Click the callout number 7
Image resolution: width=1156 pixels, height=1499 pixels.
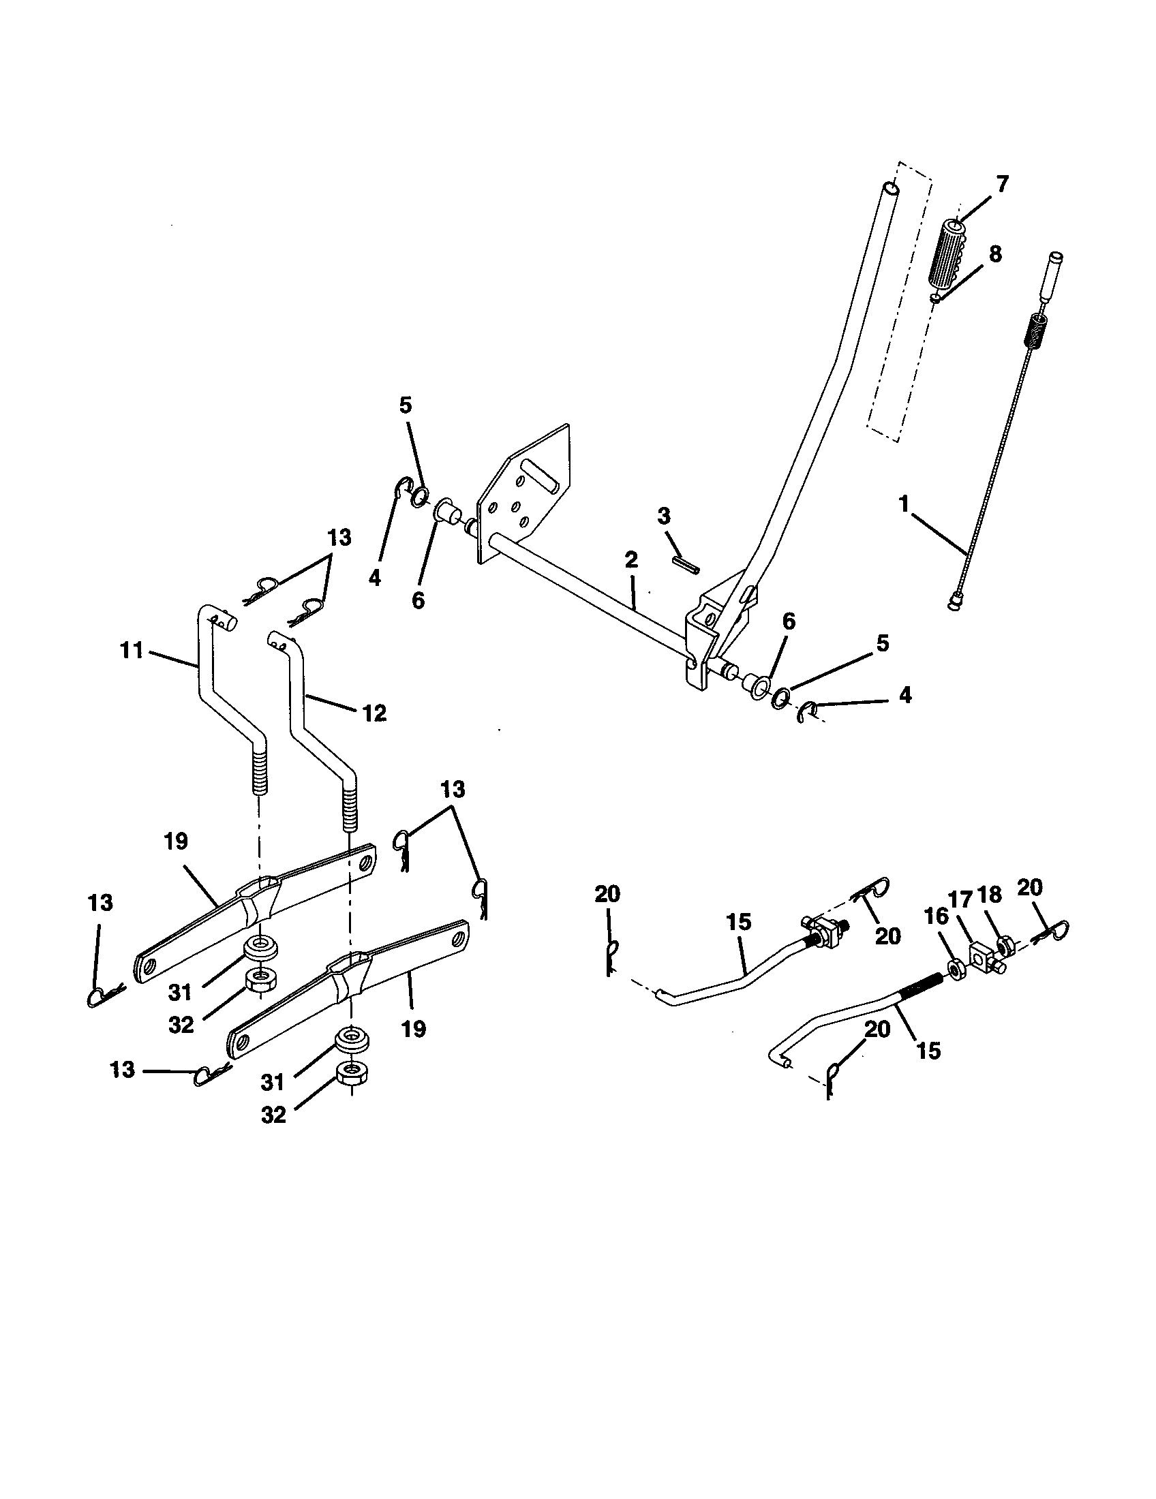[1002, 185]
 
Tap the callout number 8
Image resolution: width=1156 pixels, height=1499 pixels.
[994, 255]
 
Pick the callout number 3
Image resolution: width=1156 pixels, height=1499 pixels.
[663, 516]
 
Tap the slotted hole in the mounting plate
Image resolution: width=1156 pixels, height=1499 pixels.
[541, 475]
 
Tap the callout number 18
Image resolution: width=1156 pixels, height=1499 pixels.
[988, 896]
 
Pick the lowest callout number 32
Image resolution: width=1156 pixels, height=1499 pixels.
[273, 1115]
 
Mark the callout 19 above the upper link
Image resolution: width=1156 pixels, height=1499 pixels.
[177, 842]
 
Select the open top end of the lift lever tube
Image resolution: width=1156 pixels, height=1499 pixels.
[889, 187]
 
